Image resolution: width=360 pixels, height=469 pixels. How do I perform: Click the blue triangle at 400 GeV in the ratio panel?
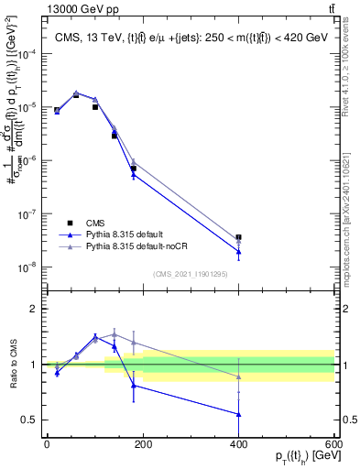[x=239, y=414]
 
